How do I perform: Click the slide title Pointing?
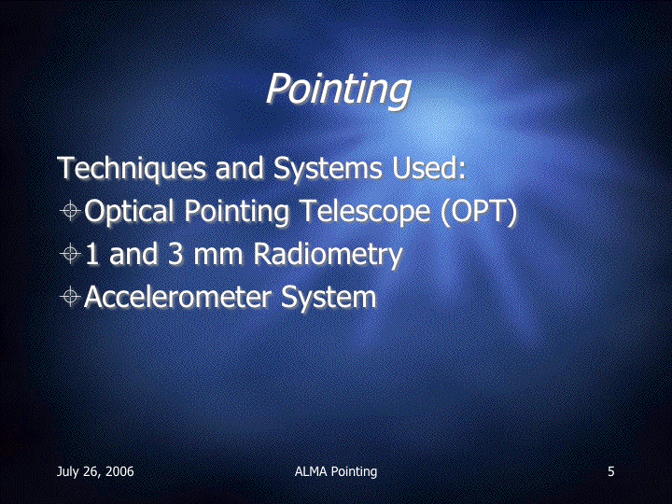pyautogui.click(x=338, y=90)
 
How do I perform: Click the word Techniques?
pyautogui.click(x=132, y=168)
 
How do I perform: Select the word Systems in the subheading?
pyautogui.click(x=328, y=168)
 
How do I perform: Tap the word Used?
pyautogui.click(x=429, y=168)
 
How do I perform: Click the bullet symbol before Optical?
pyautogui.click(x=70, y=210)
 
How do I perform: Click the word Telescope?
pyautogui.click(x=364, y=210)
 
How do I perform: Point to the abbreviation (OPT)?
pyautogui.click(x=479, y=211)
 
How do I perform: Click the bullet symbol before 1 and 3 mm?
pyautogui.click(x=70, y=254)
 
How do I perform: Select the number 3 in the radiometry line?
pyautogui.click(x=175, y=253)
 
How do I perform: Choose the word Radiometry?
pyautogui.click(x=328, y=255)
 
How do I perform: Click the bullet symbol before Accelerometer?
pyautogui.click(x=70, y=297)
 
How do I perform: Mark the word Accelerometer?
pyautogui.click(x=178, y=297)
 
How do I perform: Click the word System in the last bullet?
pyautogui.click(x=329, y=298)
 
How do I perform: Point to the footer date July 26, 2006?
pyautogui.click(x=95, y=472)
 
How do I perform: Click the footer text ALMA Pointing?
pyautogui.click(x=336, y=472)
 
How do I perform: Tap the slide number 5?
pyautogui.click(x=611, y=471)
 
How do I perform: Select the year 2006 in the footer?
pyautogui.click(x=119, y=471)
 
